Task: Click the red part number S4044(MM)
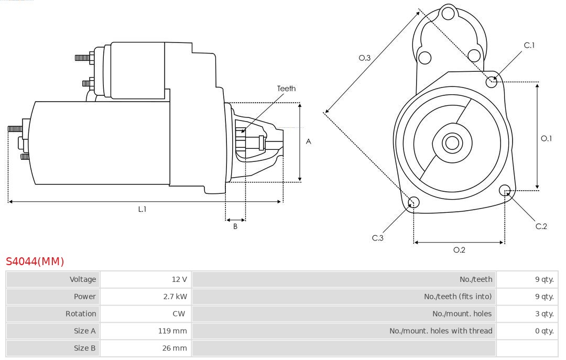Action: (35, 261)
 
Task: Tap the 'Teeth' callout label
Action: (286, 89)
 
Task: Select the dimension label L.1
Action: (142, 209)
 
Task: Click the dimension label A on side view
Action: (308, 141)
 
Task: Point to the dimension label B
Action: (235, 226)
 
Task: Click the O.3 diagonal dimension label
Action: (365, 58)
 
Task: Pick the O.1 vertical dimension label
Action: (546, 138)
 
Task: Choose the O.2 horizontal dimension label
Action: (459, 250)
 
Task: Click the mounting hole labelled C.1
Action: (492, 81)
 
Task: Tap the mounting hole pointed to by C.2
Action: (505, 190)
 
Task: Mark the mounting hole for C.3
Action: (413, 202)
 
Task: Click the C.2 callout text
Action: (541, 226)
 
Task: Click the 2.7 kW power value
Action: (175, 297)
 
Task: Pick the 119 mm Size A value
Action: (172, 331)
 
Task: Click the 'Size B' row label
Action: (85, 348)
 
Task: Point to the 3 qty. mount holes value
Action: (544, 314)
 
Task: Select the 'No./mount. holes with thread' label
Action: (441, 331)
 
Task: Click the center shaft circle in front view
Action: (451, 143)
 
